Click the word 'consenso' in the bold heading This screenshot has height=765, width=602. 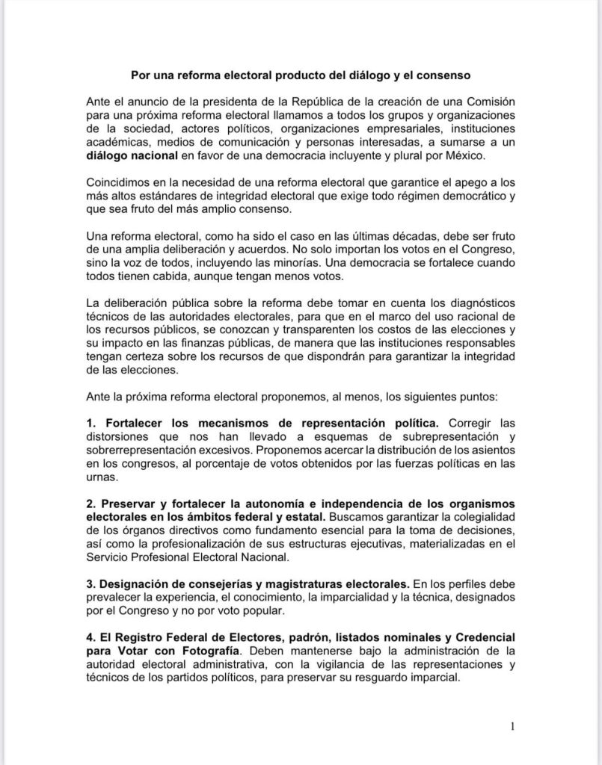point(442,75)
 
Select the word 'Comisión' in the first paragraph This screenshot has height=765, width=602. point(488,101)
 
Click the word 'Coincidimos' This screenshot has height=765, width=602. point(121,183)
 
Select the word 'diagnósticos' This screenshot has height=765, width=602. point(478,304)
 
